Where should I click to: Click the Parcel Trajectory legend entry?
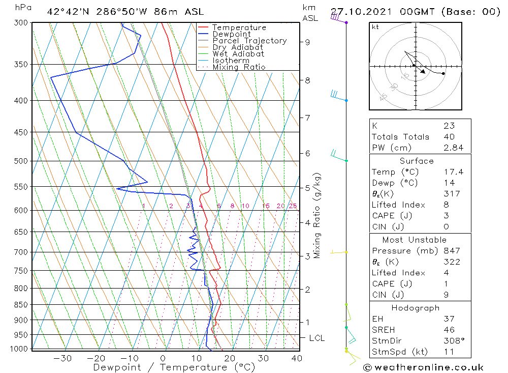click(249, 41)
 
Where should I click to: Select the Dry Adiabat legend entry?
click(238, 47)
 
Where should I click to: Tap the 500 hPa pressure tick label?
click(22, 161)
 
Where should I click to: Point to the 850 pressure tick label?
click(22, 305)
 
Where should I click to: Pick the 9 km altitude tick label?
click(308, 42)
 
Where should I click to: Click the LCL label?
click(317, 338)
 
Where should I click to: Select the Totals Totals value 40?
click(450, 137)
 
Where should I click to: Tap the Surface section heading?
click(417, 161)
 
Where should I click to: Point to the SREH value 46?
click(449, 330)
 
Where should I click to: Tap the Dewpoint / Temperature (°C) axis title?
click(174, 367)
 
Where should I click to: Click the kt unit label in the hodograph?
click(375, 27)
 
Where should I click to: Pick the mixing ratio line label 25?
click(293, 206)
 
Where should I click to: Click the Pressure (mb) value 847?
click(452, 251)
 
